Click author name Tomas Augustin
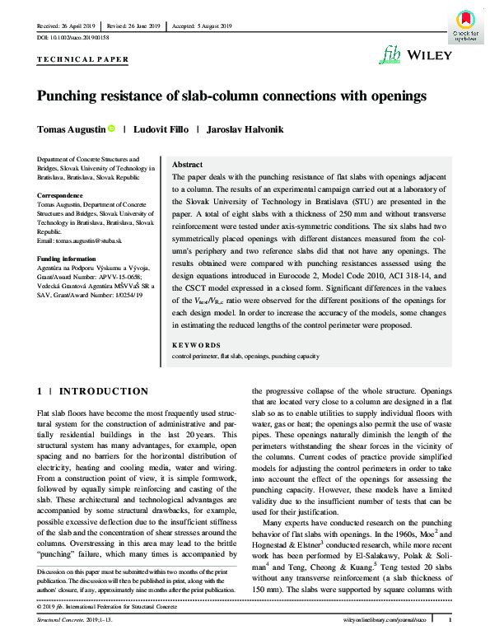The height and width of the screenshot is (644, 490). click(x=71, y=129)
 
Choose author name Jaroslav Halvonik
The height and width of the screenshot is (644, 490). click(x=245, y=129)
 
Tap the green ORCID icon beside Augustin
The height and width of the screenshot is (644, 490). click(x=110, y=129)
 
